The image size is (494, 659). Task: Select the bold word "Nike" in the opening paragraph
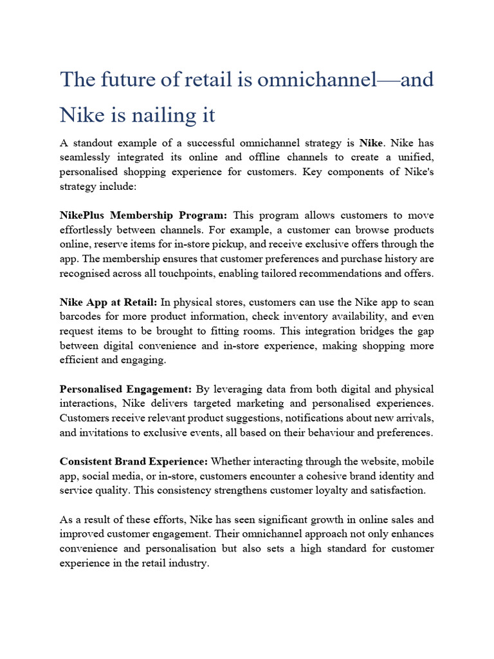pos(370,142)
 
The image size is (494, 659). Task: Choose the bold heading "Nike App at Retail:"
pos(108,302)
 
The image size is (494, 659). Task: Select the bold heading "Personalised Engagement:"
pos(125,389)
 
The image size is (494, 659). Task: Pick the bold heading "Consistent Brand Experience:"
pos(133,462)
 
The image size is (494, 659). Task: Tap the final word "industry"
pos(190,562)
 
